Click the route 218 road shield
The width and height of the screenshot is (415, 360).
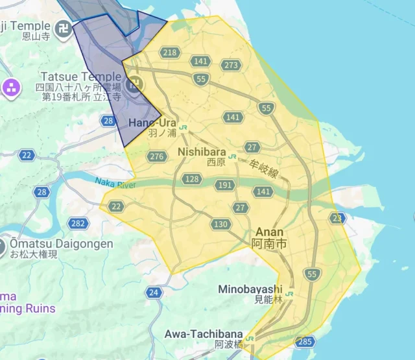tap(170, 53)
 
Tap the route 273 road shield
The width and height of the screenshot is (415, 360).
tap(231, 65)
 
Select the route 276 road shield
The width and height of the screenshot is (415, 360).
tap(156, 156)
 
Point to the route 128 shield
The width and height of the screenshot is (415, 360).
tap(192, 178)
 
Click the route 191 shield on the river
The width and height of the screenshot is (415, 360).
tap(225, 186)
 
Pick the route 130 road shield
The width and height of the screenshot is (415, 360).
tap(220, 224)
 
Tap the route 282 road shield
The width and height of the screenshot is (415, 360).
tap(78, 223)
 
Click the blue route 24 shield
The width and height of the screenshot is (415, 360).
tap(154, 293)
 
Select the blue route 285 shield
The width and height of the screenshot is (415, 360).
tap(305, 341)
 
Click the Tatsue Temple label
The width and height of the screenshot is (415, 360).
tap(80, 77)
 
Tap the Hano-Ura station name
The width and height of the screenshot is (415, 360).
tap(153, 122)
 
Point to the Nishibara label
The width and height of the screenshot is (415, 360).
tap(201, 152)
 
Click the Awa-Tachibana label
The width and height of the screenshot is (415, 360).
tap(203, 333)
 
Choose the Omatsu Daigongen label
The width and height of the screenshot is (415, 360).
tap(60, 244)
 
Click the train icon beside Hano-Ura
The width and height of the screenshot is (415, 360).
tap(185, 127)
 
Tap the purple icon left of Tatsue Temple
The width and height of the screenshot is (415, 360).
tap(11, 88)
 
